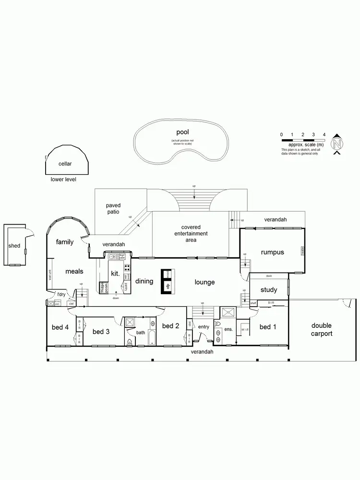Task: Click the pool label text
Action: pos(182,132)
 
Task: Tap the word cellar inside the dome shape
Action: pos(65,164)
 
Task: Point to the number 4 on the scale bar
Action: pos(324,134)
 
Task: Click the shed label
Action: pos(14,246)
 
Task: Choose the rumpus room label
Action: pos(273,252)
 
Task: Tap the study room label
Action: pos(268,290)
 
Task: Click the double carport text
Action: pos(322,329)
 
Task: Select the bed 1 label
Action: pos(268,327)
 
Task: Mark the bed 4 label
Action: pos(60,327)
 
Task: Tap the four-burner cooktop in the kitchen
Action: pos(127,268)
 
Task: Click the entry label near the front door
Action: pos(204,327)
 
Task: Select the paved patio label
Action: pos(113,209)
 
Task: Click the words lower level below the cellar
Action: pos(63,180)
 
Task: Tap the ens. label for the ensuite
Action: pos(228,329)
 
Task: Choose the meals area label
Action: pos(74,272)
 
